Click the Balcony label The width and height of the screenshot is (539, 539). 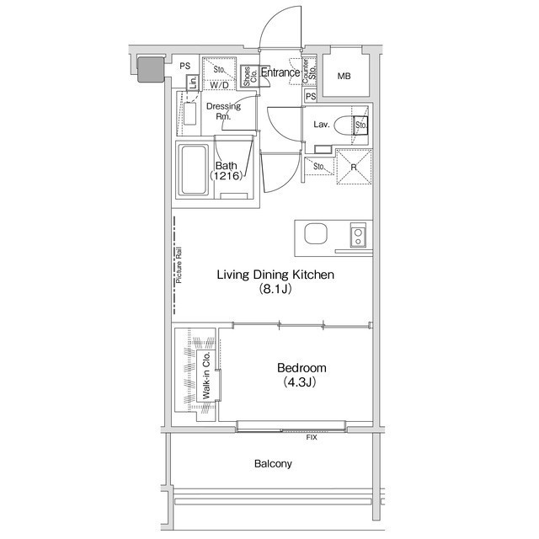(x=273, y=464)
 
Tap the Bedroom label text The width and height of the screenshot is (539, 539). (x=302, y=368)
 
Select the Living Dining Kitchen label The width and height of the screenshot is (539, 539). (x=275, y=275)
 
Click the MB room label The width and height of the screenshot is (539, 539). (x=344, y=76)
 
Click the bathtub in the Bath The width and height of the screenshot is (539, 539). (x=195, y=170)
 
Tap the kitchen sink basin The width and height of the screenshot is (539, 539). (x=316, y=233)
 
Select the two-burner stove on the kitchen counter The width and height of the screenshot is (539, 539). (x=358, y=235)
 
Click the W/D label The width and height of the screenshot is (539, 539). (x=219, y=85)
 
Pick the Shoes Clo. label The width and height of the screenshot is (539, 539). (x=250, y=77)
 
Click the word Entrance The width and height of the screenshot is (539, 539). (x=280, y=72)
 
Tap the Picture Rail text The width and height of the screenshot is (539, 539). (x=179, y=265)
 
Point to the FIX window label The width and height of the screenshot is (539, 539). (x=312, y=437)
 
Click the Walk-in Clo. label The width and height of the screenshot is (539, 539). (x=205, y=376)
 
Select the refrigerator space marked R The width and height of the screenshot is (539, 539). (x=354, y=167)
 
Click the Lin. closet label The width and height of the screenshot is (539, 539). (x=193, y=83)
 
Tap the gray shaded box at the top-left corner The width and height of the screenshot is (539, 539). (x=151, y=70)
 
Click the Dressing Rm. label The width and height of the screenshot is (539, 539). (x=223, y=111)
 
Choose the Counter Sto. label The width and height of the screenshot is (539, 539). (x=308, y=72)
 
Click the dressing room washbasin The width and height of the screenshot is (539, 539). (x=189, y=114)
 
